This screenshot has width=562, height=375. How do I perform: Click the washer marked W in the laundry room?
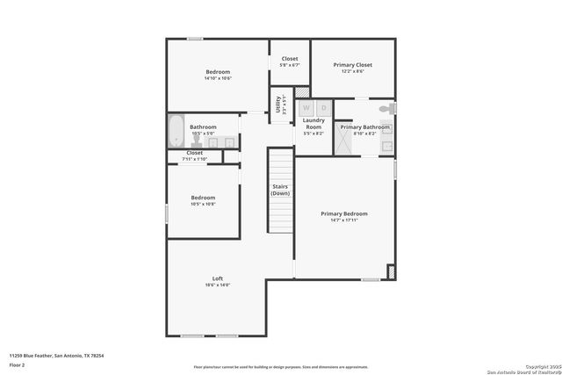[306, 107]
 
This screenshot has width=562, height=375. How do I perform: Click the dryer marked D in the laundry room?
[322, 107]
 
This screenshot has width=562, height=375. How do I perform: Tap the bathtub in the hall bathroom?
[175, 132]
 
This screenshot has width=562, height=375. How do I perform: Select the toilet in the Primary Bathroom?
[384, 109]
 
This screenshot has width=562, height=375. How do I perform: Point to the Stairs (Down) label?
[280, 190]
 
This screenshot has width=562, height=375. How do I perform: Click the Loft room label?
[217, 278]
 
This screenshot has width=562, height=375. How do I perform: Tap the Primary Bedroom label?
[343, 214]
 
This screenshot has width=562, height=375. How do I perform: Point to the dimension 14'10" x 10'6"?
[217, 79]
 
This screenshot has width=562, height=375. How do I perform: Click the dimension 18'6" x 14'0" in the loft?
[217, 285]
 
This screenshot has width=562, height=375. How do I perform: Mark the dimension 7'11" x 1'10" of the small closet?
[194, 158]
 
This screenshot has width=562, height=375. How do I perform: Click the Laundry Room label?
[313, 124]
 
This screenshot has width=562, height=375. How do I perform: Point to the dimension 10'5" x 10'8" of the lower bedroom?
[203, 204]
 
